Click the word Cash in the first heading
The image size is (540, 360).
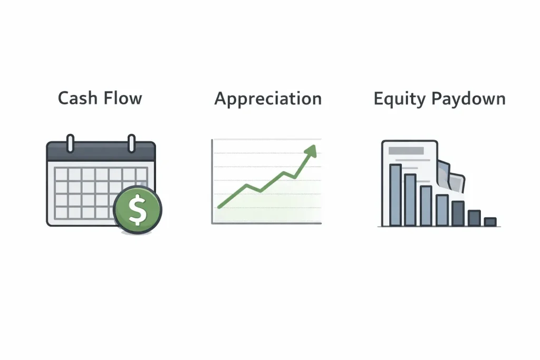point(75,98)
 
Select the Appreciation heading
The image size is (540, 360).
point(268,99)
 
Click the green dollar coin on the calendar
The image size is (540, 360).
point(138,209)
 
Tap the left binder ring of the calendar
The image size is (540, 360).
point(70,143)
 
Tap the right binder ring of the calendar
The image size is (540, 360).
point(131,143)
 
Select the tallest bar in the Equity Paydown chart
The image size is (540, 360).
point(395,194)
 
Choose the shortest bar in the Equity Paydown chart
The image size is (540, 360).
point(490,222)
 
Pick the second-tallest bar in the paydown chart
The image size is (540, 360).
point(410,200)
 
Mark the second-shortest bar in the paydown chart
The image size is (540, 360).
point(474,218)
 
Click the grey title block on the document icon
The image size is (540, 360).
point(406,151)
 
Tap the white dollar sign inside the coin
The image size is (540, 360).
point(138,210)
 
